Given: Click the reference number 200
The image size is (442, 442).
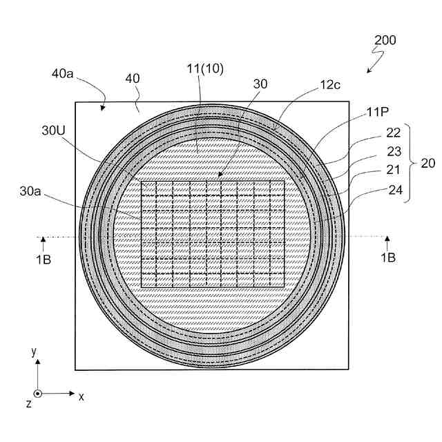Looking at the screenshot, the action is click(385, 40).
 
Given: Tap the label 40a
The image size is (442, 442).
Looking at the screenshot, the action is click(62, 74).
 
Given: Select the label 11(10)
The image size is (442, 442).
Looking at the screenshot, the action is click(205, 68).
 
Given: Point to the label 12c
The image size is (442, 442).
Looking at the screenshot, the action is click(330, 84).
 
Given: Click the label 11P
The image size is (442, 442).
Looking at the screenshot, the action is click(378, 112).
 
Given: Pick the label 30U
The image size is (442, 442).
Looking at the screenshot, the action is click(53, 131).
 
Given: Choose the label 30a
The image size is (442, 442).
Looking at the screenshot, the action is click(30, 191).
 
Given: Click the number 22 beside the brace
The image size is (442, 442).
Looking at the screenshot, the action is click(393, 133).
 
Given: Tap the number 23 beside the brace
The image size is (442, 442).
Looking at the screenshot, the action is click(394, 151).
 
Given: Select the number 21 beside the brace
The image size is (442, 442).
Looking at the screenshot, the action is click(393, 170).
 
